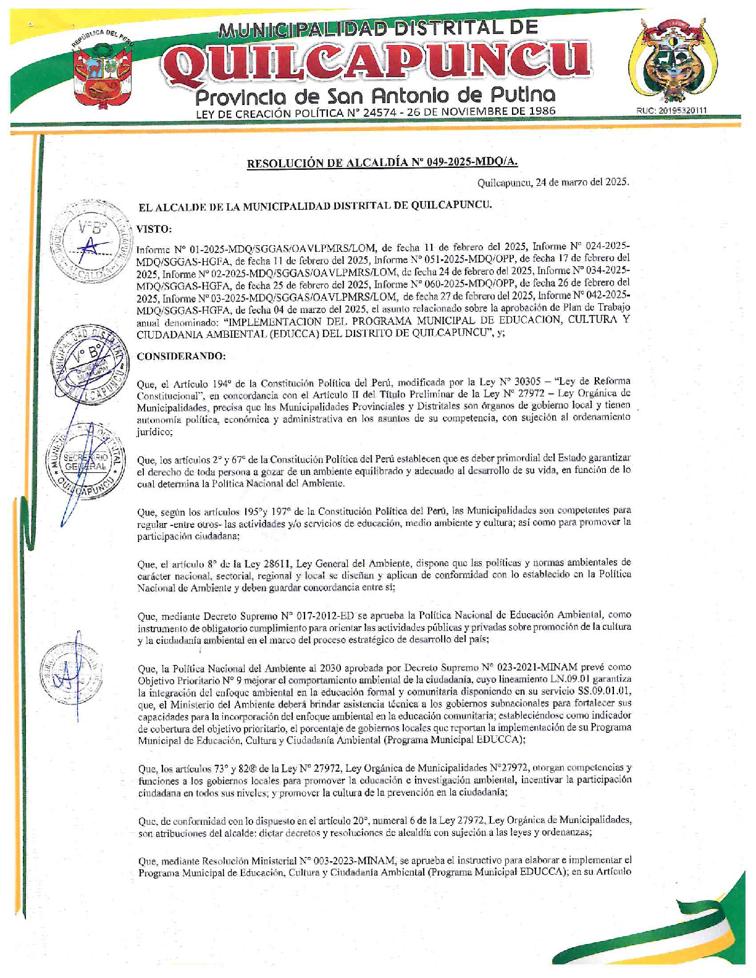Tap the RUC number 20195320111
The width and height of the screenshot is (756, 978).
coord(671,111)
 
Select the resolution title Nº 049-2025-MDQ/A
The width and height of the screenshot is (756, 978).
coord(382,163)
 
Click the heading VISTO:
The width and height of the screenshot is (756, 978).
coord(154,229)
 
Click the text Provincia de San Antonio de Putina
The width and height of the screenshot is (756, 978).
coord(375,95)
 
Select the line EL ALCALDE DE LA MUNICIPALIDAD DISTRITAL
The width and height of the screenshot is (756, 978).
coord(314,206)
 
